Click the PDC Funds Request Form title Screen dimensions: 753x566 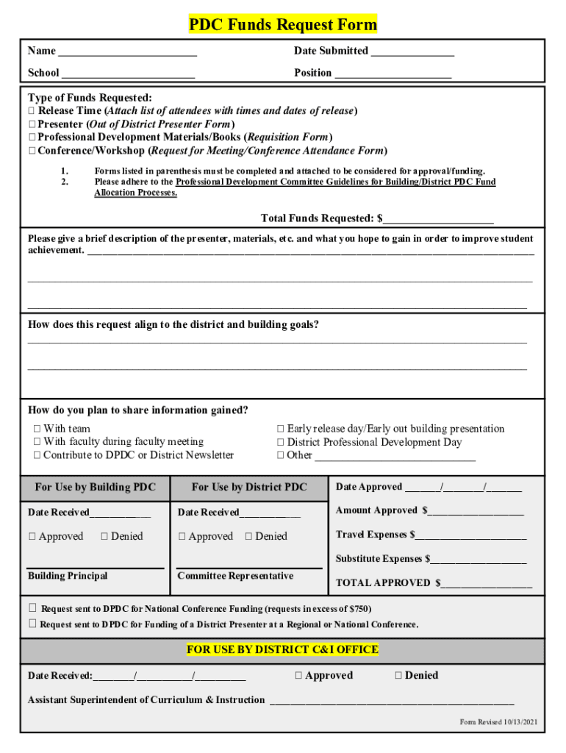(283, 25)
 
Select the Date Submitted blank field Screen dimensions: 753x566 (412, 51)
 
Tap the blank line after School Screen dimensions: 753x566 (128, 74)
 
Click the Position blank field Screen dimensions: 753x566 (393, 74)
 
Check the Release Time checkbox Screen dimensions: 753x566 (32, 111)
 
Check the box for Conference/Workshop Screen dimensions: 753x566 (32, 151)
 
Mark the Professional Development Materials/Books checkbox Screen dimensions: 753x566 (32, 138)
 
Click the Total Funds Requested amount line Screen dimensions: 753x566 (438, 219)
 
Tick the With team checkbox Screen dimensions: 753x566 (37, 429)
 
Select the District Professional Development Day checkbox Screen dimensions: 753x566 (280, 442)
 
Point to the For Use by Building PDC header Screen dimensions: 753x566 (96, 487)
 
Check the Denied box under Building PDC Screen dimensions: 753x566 (104, 537)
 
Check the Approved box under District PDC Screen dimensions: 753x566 (182, 537)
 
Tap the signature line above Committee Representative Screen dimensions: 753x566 (249, 566)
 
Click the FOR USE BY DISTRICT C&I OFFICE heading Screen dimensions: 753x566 (283, 650)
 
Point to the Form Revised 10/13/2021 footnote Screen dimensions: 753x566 (498, 722)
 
